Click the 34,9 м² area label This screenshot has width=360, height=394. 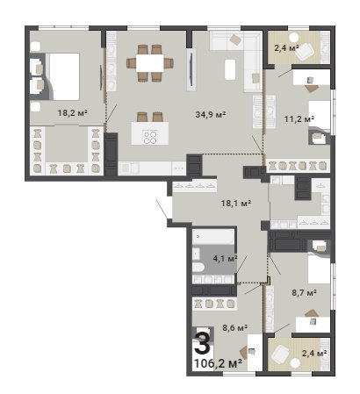tap(210, 114)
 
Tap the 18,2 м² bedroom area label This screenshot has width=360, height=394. tap(73, 112)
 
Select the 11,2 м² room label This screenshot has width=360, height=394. tap(299, 118)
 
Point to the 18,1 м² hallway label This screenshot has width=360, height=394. tap(236, 203)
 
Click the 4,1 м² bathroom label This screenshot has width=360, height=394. tap(225, 258)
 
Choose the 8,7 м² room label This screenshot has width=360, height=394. tap(304, 292)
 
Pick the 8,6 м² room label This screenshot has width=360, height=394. tap(235, 327)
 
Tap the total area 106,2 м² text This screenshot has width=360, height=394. tap(218, 363)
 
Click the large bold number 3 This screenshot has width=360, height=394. tap(202, 343)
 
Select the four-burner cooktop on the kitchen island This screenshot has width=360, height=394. tap(150, 137)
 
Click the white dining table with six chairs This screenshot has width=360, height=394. tap(150, 63)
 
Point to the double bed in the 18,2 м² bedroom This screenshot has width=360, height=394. tap(63, 76)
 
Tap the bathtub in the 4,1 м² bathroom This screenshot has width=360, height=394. tap(213, 236)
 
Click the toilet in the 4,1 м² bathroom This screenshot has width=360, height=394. tap(199, 268)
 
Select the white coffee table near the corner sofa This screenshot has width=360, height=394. tap(230, 69)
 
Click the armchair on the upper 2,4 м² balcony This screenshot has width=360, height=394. tap(306, 51)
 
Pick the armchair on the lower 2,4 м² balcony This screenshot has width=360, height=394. tap(280, 355)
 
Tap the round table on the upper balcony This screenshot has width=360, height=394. tap(293, 37)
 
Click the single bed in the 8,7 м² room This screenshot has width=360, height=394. tap(319, 269)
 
